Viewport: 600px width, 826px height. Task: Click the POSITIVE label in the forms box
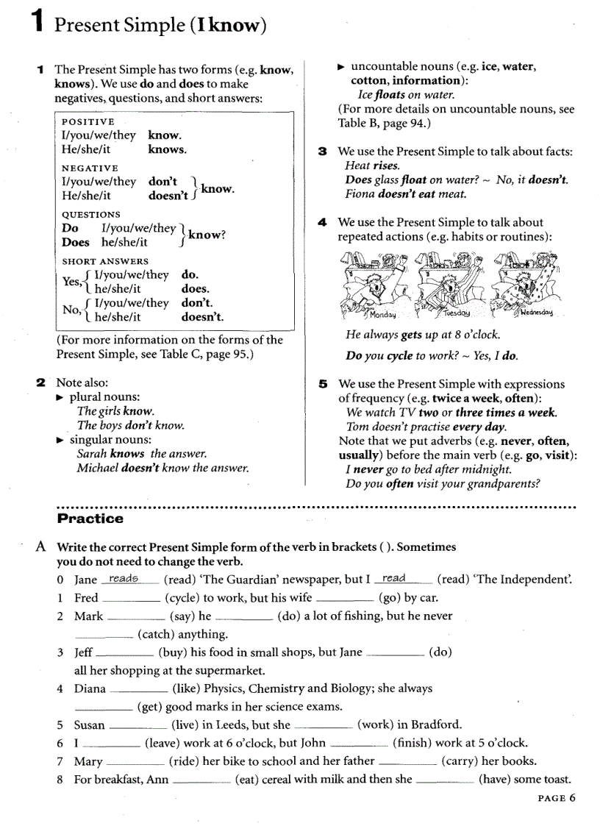click(88, 121)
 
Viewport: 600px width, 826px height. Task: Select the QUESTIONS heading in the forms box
click(91, 214)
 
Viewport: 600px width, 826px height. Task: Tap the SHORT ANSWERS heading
click(105, 261)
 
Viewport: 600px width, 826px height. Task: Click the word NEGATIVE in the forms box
click(90, 168)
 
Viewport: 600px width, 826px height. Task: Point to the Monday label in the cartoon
click(382, 315)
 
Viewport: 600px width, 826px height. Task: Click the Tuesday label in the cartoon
click(456, 313)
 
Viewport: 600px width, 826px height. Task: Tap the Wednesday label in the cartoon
click(537, 313)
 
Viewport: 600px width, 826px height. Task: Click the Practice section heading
click(90, 519)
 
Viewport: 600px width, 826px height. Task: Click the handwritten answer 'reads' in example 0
click(124, 579)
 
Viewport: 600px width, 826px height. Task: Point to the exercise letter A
click(43, 547)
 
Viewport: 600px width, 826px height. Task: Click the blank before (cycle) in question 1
click(131, 599)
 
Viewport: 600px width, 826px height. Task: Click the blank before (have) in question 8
click(445, 780)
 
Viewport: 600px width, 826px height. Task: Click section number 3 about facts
click(322, 152)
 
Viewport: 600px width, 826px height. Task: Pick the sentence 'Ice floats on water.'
click(406, 95)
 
